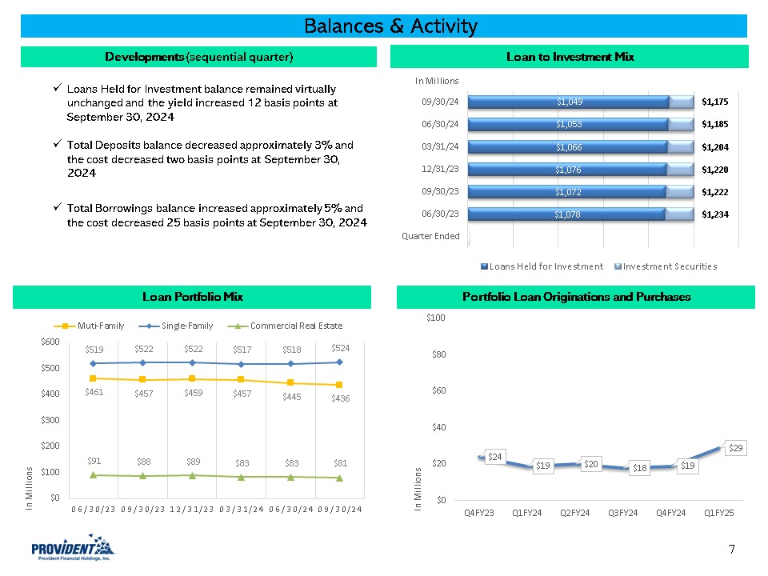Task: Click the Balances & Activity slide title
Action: pos(390,26)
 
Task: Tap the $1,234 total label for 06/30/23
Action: pos(716,214)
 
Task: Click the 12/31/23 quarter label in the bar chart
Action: pos(440,169)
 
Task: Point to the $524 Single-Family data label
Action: pos(340,348)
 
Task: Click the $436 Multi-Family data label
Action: pos(340,398)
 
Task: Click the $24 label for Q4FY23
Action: pos(495,457)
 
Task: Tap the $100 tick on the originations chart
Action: pos(436,318)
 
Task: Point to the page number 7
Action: pos(731,549)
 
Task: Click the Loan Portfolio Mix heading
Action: pos(192,297)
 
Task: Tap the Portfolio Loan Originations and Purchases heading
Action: pos(576,297)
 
